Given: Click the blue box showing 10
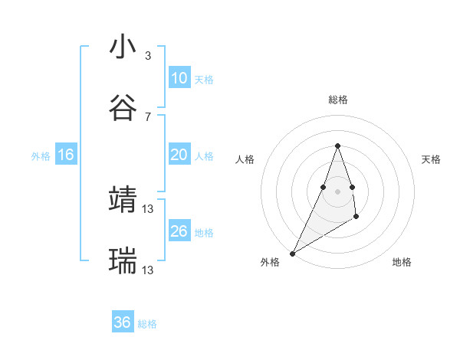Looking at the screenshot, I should (x=179, y=77).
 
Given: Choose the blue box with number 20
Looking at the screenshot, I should (x=179, y=155).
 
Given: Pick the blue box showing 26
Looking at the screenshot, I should (x=179, y=231).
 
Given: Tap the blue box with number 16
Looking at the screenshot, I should (x=66, y=155).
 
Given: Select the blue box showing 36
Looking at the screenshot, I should (x=123, y=322).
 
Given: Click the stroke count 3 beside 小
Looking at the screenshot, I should (x=147, y=56).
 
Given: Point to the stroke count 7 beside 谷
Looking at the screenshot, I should (x=147, y=116).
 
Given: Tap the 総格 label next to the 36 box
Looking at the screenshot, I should (x=147, y=324).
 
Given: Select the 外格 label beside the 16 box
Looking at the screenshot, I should (x=41, y=155).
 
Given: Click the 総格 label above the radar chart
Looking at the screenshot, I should (x=337, y=100).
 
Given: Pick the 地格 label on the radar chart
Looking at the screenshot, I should (x=402, y=262).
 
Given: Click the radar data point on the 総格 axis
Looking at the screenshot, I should (x=337, y=146).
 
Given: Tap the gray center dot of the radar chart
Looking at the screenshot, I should (x=337, y=191).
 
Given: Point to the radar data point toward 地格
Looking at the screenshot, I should (x=356, y=218).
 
